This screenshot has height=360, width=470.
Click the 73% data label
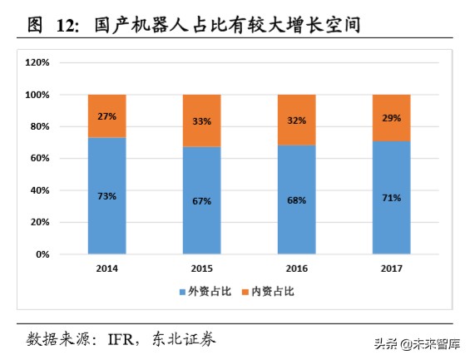[x=106, y=196]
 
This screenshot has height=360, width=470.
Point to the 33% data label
[x=202, y=121]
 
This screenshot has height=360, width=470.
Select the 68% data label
[x=297, y=200]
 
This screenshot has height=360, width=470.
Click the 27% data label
[x=106, y=116]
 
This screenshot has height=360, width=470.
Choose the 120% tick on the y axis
[x=38, y=62]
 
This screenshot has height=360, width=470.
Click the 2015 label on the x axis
[x=202, y=269]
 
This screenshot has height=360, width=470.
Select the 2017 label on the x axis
[x=392, y=269]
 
